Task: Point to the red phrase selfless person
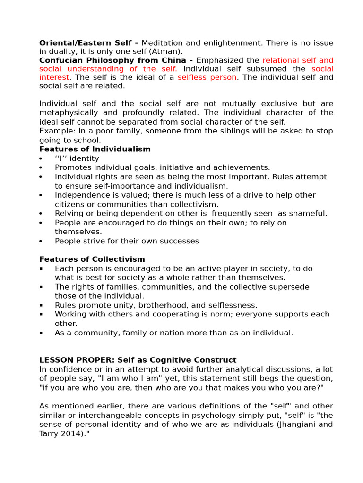tap(207, 77)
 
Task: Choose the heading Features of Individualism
tap(95, 149)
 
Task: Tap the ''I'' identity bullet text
tap(77, 158)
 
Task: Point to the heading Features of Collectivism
tap(92, 259)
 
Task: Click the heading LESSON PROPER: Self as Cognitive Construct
tap(138, 360)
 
